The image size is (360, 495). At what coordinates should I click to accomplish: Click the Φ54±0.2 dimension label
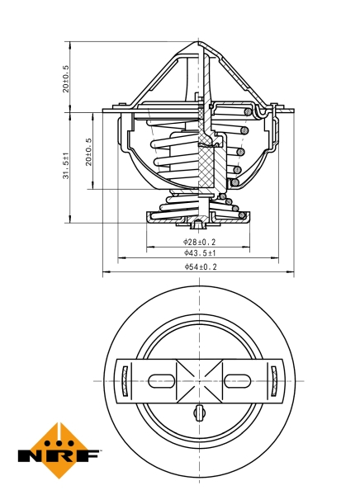click(200, 267)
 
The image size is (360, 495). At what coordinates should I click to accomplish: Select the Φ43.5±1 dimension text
click(200, 254)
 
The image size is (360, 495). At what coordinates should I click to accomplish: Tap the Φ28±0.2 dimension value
click(200, 242)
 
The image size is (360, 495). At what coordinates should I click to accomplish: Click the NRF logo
click(59, 452)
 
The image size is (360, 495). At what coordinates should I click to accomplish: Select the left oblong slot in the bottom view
click(162, 379)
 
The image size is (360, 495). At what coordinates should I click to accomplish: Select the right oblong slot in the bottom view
click(238, 379)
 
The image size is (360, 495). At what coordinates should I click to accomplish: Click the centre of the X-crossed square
click(200, 379)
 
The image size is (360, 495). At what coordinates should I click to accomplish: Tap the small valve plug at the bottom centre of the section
click(200, 224)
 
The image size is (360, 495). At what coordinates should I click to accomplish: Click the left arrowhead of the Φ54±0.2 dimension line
click(104, 273)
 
